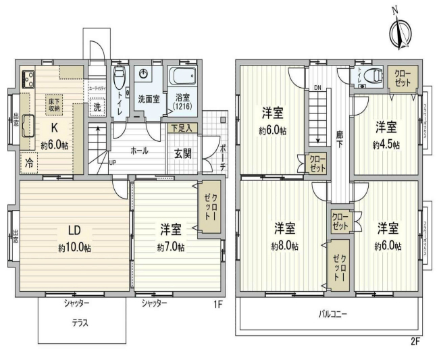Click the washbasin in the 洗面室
coord(143,74)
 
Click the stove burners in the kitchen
coord(28,79)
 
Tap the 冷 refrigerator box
coord(30,163)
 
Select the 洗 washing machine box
coord(97,107)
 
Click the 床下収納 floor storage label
coord(53,104)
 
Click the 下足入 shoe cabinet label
coord(180,127)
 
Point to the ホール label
coord(139,151)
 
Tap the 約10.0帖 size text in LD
coord(74,248)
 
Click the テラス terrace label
coord(81,322)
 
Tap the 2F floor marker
coord(415,341)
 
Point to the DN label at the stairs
coord(317,87)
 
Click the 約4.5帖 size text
coord(386,145)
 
